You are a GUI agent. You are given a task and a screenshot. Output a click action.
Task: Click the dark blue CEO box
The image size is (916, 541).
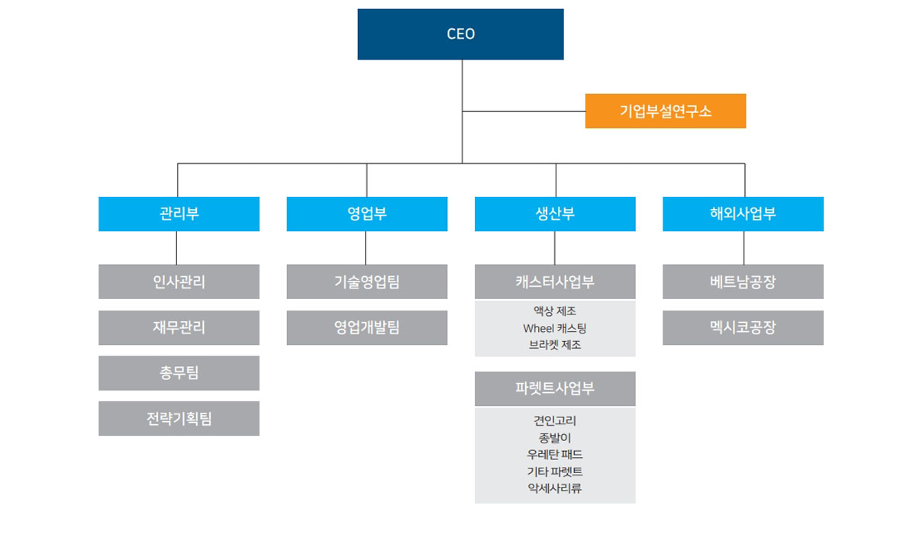(460, 34)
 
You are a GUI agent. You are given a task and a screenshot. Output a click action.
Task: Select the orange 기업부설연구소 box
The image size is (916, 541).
(666, 111)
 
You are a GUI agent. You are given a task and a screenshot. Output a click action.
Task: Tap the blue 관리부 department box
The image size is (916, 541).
(179, 214)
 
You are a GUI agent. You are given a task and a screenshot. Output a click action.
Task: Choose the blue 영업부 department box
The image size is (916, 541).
(367, 214)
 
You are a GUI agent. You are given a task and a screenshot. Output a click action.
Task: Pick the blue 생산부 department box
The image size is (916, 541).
(555, 214)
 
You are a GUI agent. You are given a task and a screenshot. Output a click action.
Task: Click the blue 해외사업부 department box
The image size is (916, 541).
(743, 214)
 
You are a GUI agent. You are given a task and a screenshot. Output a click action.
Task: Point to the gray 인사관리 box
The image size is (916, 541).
(179, 282)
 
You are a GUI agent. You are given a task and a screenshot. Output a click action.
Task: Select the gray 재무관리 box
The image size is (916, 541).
(179, 327)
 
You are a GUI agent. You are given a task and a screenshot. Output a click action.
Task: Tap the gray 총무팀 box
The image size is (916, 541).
(179, 373)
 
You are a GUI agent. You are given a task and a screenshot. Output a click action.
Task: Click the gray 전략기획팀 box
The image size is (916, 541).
(179, 418)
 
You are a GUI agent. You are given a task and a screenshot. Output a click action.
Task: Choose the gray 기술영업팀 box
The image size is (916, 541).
(367, 282)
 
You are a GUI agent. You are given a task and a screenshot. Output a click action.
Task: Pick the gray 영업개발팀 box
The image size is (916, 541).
(367, 327)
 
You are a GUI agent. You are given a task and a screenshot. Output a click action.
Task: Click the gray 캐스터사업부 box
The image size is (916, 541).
(555, 282)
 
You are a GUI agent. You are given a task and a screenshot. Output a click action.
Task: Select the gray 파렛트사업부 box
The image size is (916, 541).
(555, 388)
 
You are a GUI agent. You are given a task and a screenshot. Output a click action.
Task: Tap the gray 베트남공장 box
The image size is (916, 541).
(743, 282)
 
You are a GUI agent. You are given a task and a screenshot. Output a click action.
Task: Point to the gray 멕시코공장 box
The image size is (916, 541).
(743, 327)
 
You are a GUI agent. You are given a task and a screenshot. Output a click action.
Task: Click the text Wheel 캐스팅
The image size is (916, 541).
(555, 328)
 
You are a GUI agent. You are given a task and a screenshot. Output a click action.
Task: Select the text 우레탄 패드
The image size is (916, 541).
(555, 454)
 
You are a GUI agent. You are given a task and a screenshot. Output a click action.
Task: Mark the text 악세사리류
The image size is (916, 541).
(555, 488)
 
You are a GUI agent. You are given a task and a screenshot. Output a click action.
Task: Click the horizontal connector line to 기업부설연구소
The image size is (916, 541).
(524, 111)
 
